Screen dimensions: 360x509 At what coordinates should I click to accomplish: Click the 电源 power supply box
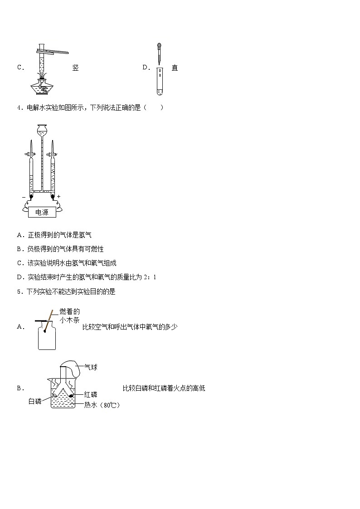tap(42, 212)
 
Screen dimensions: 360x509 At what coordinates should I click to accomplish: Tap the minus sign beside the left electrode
tap(24, 197)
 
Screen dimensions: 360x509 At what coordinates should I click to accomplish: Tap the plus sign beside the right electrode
tap(59, 196)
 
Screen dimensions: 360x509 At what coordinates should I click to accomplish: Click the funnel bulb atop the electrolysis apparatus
tap(42, 130)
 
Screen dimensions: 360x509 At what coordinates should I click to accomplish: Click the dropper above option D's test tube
tap(159, 53)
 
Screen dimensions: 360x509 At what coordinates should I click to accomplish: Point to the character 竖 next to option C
tap(76, 68)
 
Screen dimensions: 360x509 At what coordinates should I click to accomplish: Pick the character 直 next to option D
tap(175, 68)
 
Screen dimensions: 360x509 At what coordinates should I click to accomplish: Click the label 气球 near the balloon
tap(91, 367)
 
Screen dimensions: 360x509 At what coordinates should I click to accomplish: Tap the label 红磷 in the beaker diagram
tap(91, 394)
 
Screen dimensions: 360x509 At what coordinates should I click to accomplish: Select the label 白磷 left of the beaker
tap(35, 401)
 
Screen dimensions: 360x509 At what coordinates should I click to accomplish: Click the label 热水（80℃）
tap(102, 405)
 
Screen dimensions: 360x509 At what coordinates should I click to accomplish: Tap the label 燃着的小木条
tap(69, 316)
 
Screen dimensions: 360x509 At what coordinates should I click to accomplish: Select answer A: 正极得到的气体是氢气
tap(54, 235)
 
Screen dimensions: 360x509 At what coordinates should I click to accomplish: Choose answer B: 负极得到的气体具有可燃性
tap(60, 249)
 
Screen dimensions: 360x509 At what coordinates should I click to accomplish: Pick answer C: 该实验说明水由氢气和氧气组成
tap(67, 263)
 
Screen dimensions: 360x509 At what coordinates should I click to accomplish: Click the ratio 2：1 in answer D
tap(150, 277)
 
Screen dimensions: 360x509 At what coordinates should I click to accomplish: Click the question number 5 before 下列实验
tap(19, 291)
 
